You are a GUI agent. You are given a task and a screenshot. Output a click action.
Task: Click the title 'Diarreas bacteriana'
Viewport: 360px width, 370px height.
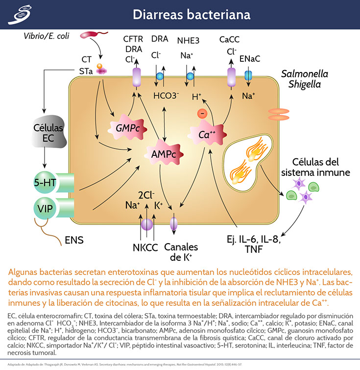pyautogui.click(x=192, y=14)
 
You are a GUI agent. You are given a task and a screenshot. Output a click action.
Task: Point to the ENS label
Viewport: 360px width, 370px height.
pyautogui.click(x=74, y=240)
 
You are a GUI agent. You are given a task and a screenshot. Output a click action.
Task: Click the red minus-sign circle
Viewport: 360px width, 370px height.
pyautogui.click(x=201, y=114)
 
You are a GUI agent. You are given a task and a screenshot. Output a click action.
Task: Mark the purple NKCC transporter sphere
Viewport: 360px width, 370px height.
pyautogui.click(x=147, y=225)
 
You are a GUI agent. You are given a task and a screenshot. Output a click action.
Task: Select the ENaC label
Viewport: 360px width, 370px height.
pyautogui.click(x=250, y=59)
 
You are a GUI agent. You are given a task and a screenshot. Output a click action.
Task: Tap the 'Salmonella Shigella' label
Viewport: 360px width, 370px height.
pyautogui.click(x=304, y=79)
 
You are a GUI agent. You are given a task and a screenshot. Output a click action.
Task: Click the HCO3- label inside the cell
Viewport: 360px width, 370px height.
pyautogui.click(x=166, y=95)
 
